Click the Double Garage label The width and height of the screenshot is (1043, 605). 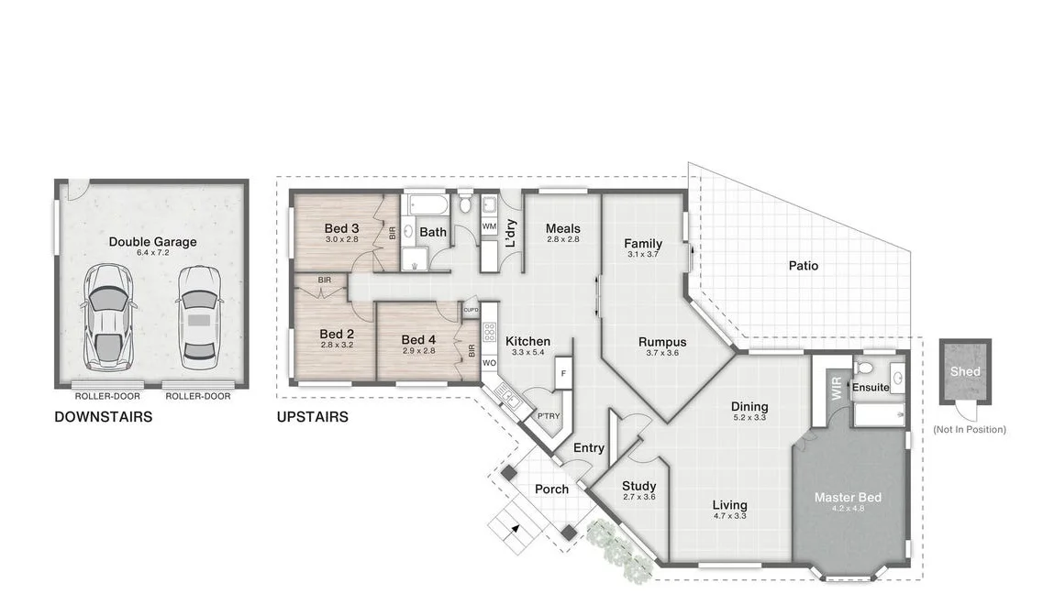coord(152,242)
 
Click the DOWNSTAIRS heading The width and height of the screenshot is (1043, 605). coord(103,417)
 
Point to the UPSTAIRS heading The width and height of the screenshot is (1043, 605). coord(312,417)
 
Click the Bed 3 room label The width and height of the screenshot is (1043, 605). coord(341,228)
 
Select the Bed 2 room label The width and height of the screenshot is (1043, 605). coord(337,334)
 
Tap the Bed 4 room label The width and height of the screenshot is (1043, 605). coord(418,340)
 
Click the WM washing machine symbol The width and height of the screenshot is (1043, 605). coord(489,225)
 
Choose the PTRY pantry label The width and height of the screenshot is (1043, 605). coord(548,415)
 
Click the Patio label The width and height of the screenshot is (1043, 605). coord(804,266)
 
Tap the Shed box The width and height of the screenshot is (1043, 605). coord(965,371)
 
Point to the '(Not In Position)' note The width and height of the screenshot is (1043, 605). coord(969,429)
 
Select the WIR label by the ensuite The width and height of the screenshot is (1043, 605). coord(836,386)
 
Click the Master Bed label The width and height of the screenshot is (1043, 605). coord(848,498)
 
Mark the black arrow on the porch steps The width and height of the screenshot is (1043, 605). coord(515,528)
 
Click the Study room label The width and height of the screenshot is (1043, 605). coord(638,486)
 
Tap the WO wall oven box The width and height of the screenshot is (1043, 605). coord(489,363)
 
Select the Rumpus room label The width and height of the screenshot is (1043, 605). coord(662,342)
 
